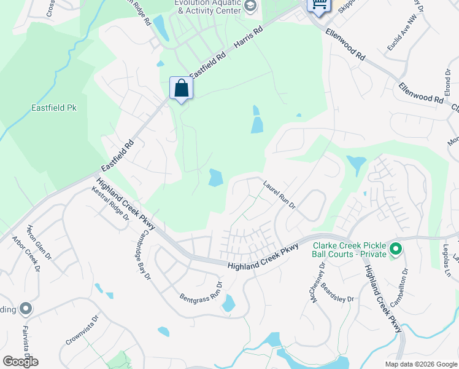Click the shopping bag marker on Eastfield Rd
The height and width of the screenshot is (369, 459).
click(182, 88)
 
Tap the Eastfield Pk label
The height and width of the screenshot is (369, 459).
click(54, 108)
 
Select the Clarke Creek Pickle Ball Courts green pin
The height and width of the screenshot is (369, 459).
click(396, 249)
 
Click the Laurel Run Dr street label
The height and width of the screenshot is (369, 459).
click(279, 194)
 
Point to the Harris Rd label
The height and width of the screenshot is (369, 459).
click(249, 39)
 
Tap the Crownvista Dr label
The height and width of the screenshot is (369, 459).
click(82, 331)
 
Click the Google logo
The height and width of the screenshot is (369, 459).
click(20, 362)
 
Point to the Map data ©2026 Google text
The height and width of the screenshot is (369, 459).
click(421, 364)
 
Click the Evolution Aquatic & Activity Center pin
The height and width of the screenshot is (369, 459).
click(250, 6)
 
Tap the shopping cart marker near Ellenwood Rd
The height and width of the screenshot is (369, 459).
click(318, 6)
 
